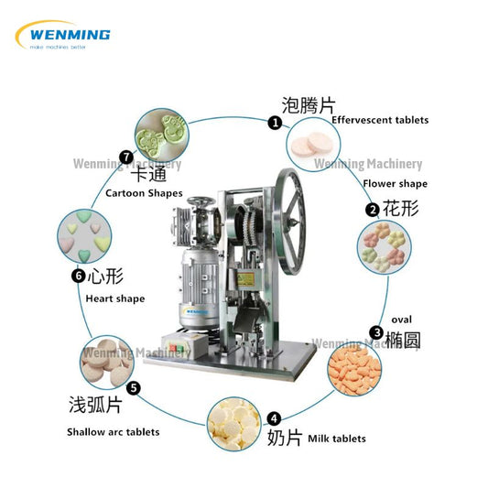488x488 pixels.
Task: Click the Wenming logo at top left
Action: coord(63,35)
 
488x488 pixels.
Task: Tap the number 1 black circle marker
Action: coord(274,122)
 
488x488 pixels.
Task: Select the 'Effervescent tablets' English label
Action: coord(380,120)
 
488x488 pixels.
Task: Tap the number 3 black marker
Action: coord(375,333)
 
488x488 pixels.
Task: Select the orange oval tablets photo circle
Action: coord(356,368)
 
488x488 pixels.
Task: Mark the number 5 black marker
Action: coord(134,387)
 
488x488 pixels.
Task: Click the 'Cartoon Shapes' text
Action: coord(144,193)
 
